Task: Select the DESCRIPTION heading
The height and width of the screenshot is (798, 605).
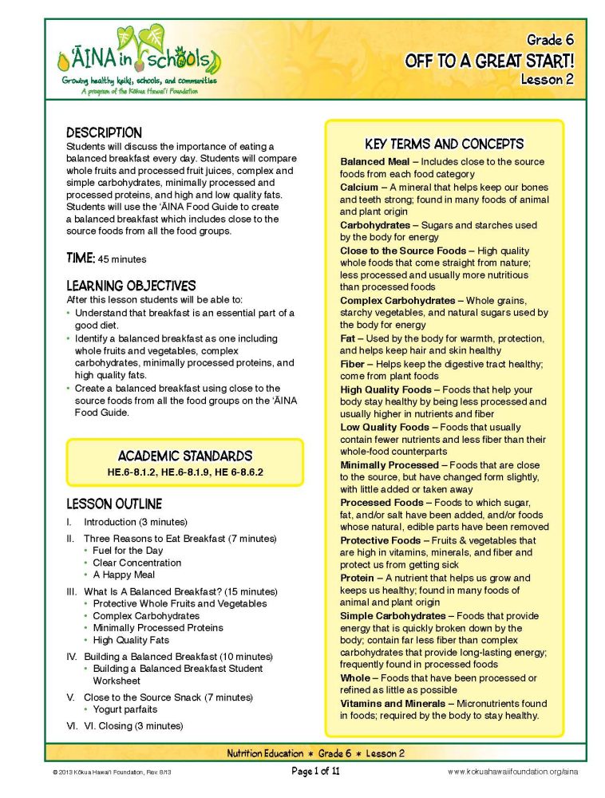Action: pyautogui.click(x=104, y=133)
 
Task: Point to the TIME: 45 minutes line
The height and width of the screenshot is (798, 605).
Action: pyautogui.click(x=106, y=259)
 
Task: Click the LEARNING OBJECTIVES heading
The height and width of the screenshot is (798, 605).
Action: pyautogui.click(x=131, y=286)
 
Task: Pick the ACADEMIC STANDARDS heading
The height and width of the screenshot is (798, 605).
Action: pyautogui.click(x=185, y=456)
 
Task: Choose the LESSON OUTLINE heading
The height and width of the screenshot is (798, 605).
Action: pyautogui.click(x=114, y=504)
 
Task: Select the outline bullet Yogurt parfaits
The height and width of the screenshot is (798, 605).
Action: pyautogui.click(x=125, y=709)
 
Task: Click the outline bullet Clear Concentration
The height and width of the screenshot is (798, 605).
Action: pyautogui.click(x=136, y=563)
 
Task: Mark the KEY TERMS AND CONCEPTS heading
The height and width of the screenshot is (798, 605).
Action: pyautogui.click(x=444, y=144)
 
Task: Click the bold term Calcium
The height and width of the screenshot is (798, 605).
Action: pyautogui.click(x=358, y=187)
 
